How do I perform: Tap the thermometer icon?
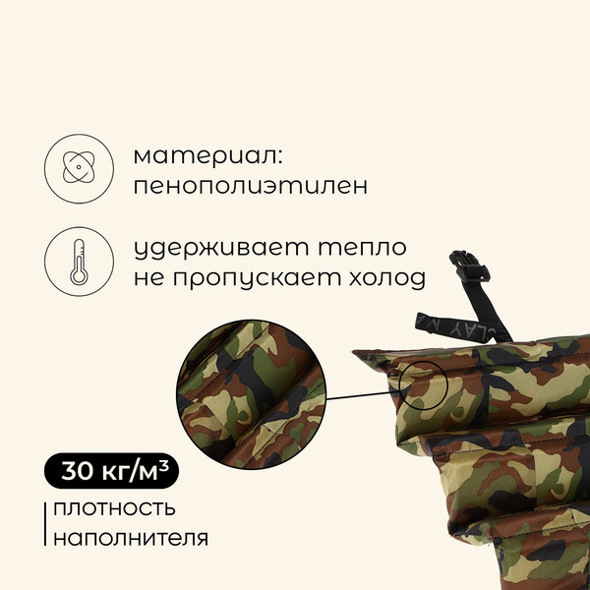click(x=76, y=262)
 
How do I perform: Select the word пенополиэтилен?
click(x=251, y=186)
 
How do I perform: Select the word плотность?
click(x=114, y=508)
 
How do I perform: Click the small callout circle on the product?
click(x=424, y=385)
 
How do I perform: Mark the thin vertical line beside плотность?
click(x=44, y=524)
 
